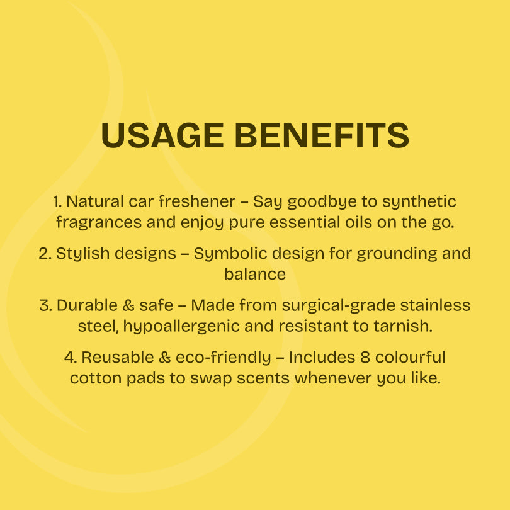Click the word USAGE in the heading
[162, 135]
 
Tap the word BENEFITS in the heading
[322, 135]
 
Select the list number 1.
[57, 201]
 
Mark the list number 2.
[45, 254]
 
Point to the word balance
[255, 274]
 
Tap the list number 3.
[45, 306]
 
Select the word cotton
[96, 378]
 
